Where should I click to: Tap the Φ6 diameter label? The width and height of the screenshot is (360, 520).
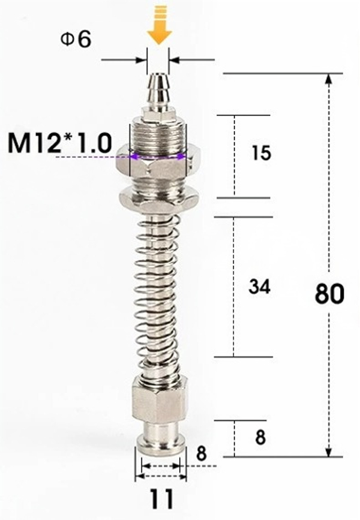(75, 40)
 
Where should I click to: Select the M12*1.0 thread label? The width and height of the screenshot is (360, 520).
(60, 143)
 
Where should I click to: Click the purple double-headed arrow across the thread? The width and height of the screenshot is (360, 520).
(158, 157)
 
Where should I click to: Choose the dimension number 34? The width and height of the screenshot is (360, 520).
(260, 287)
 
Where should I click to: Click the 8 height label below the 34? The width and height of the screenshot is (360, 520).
(260, 438)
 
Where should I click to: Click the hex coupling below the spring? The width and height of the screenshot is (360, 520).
(160, 402)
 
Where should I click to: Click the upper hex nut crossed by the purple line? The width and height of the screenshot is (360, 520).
(158, 161)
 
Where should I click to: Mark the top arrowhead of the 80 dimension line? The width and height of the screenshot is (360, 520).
(329, 79)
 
